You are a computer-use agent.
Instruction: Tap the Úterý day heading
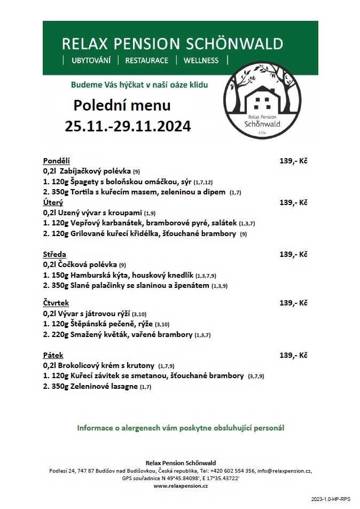coord(53,202)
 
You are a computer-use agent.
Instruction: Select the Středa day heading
coord(54,254)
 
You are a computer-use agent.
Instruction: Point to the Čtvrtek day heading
coord(56,303)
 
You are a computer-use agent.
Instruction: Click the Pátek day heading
coord(53,355)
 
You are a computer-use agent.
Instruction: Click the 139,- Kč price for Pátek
coord(293,355)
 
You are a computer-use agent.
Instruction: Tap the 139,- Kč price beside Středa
coord(293,254)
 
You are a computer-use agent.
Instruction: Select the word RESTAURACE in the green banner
coord(147,60)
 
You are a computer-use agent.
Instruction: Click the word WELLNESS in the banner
coord(201,60)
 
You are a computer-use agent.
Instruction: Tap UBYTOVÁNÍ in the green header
coord(91,60)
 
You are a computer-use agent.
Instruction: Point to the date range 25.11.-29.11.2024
coord(128,127)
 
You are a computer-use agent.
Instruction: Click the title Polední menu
coord(122,104)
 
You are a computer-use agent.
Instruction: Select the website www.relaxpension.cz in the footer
coord(181,486)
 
